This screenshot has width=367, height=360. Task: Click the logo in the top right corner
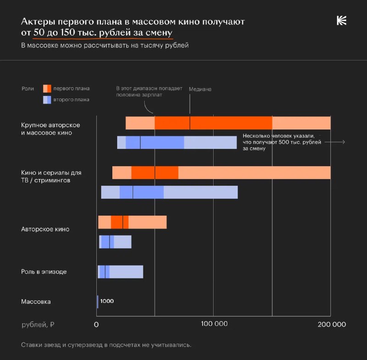point(341,21)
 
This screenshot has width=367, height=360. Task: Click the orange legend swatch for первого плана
point(47,89)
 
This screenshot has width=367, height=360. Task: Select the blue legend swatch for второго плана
point(47,100)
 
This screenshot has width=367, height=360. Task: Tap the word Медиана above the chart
point(200,89)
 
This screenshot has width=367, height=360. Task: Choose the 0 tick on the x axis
point(97,325)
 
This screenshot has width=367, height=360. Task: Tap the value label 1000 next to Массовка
point(107,301)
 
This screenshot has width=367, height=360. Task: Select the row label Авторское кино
point(45,229)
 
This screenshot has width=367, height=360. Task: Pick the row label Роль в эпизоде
point(44,271)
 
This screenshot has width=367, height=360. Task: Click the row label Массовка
point(36,302)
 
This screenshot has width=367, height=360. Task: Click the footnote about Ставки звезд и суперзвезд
point(106,344)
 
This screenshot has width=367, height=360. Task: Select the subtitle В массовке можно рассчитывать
point(105,45)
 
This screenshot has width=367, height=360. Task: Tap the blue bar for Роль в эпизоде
point(121,271)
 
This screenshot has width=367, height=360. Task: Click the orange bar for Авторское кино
point(132,222)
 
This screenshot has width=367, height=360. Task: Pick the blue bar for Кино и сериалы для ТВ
point(169,192)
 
